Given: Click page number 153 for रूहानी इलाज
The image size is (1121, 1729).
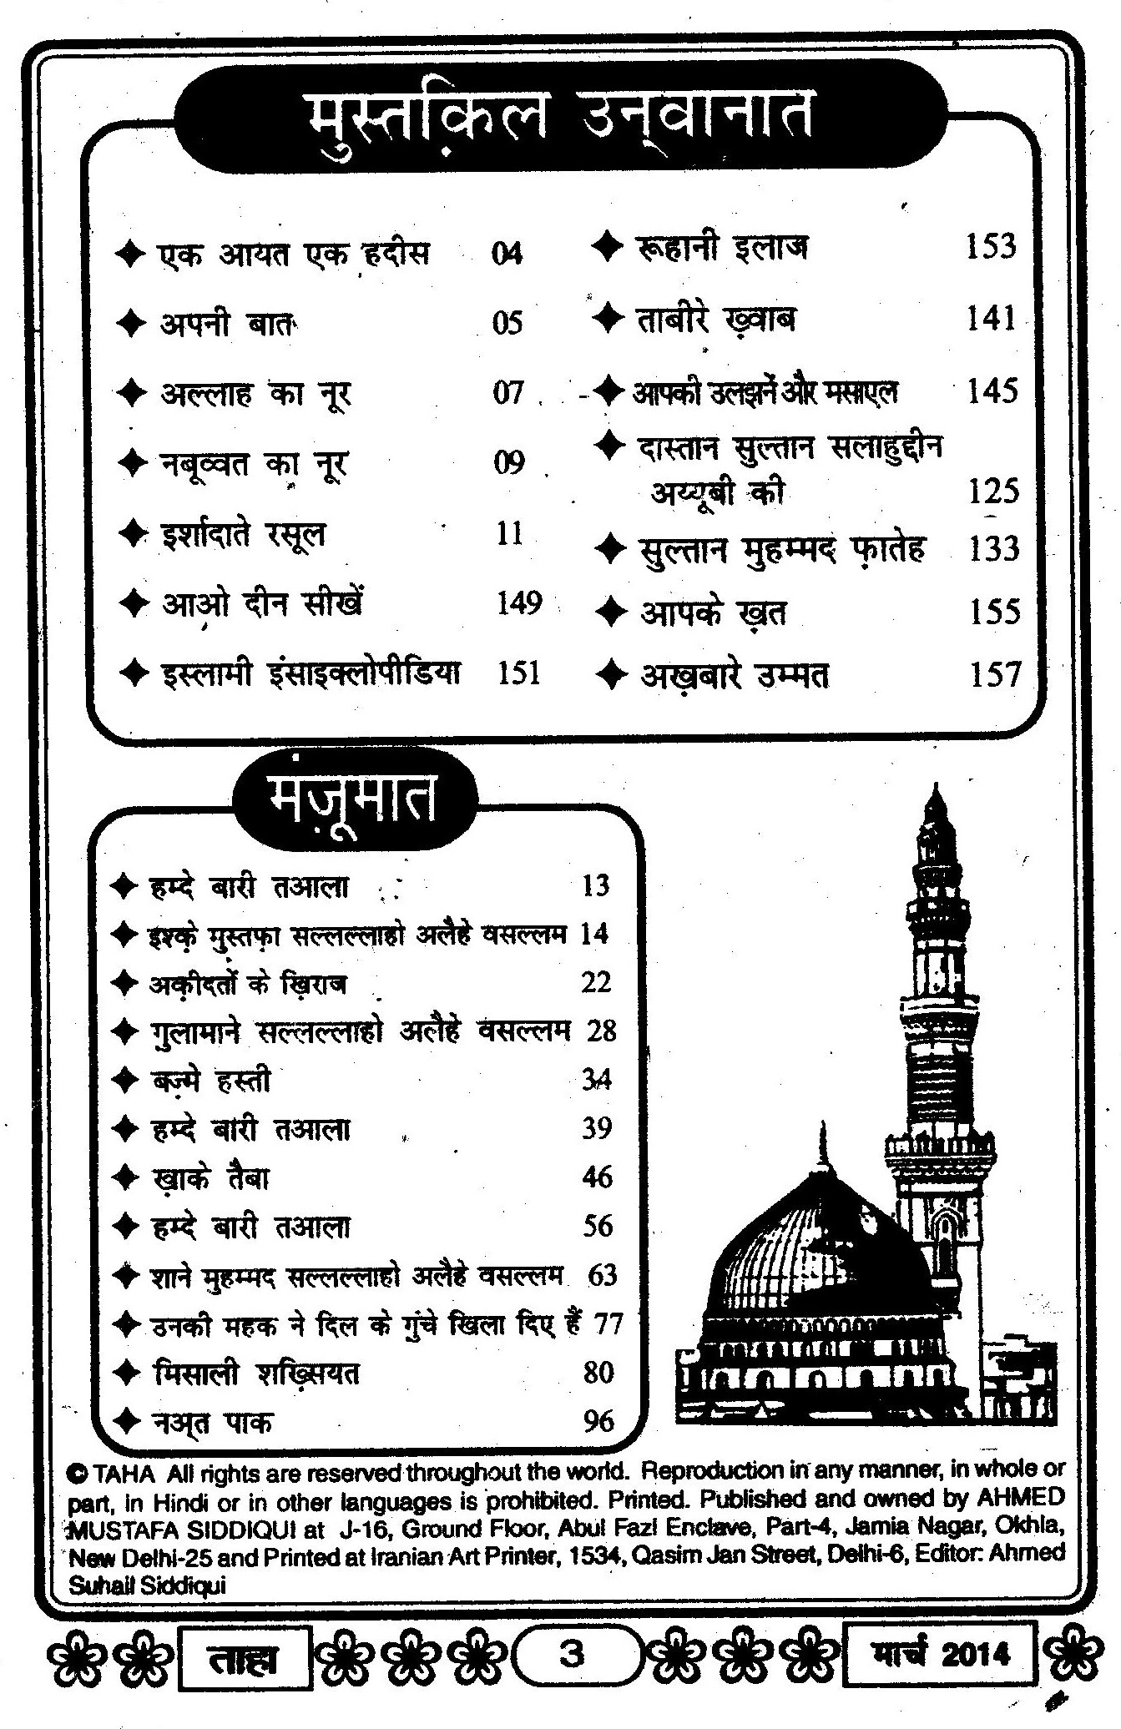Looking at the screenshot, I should coord(991,247).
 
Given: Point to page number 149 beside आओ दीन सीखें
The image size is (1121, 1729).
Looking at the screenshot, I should coord(519,602).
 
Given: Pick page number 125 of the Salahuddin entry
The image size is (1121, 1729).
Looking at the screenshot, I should coord(994,491).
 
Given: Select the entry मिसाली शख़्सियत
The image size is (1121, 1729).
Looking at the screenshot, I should coord(257,1374).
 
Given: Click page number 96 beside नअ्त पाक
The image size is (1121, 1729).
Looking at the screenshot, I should coord(598,1421).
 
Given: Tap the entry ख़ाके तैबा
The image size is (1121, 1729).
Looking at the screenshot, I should coord(212,1178).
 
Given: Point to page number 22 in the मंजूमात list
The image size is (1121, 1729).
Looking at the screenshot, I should coord(596,983).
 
